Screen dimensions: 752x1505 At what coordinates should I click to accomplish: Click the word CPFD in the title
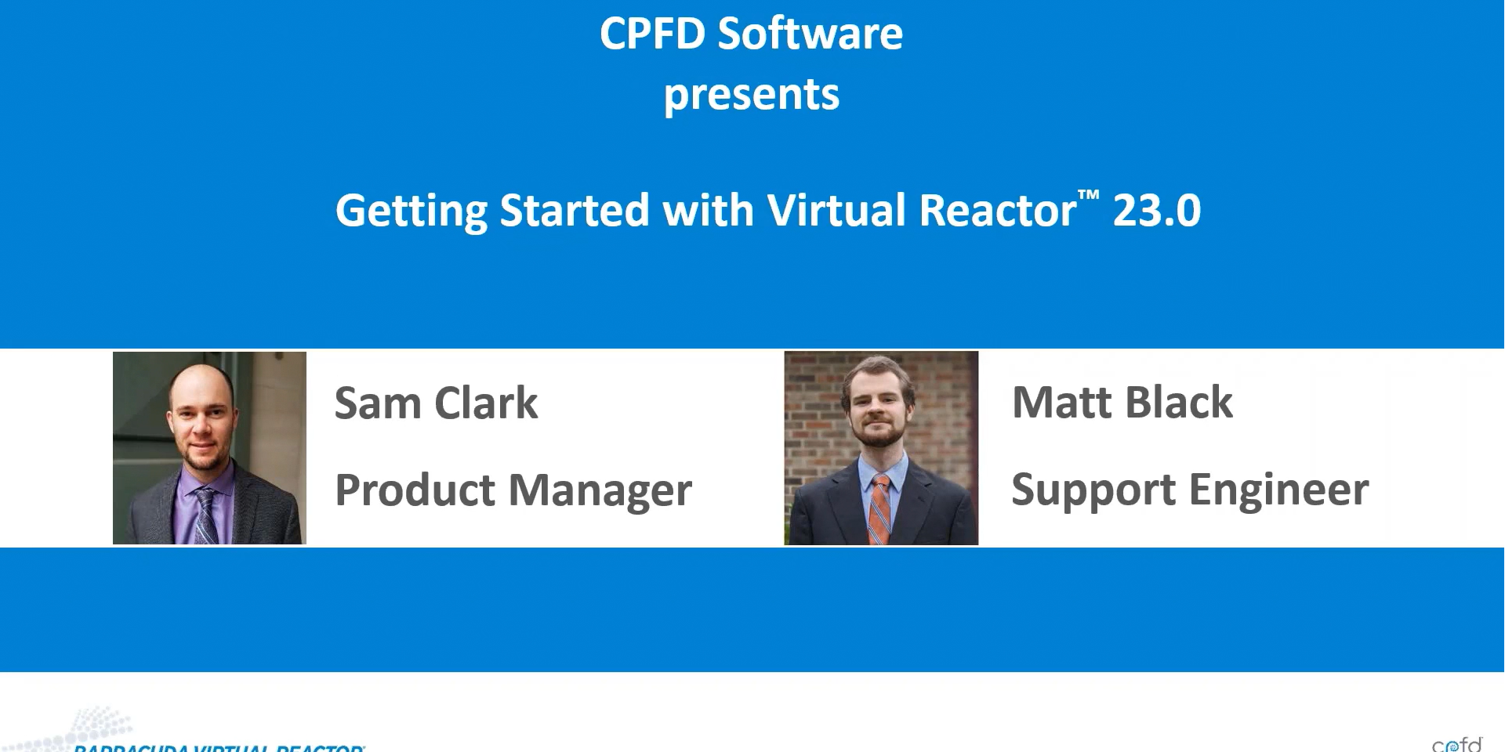point(652,34)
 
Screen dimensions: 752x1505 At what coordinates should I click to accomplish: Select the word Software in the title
point(810,34)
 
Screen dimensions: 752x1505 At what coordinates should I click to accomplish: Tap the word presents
point(751,96)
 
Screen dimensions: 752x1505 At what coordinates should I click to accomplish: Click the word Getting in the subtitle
point(412,211)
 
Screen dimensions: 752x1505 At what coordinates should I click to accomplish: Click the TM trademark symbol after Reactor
point(1088,195)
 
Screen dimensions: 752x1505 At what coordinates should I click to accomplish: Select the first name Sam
point(377,403)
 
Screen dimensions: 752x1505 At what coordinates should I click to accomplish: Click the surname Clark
point(486,403)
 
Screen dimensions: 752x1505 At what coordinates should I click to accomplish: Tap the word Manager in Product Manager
point(600,490)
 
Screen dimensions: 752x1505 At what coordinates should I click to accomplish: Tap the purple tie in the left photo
point(206,514)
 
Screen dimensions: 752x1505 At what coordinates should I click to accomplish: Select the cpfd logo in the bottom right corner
point(1456,743)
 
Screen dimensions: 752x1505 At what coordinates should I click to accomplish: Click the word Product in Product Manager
point(415,490)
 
